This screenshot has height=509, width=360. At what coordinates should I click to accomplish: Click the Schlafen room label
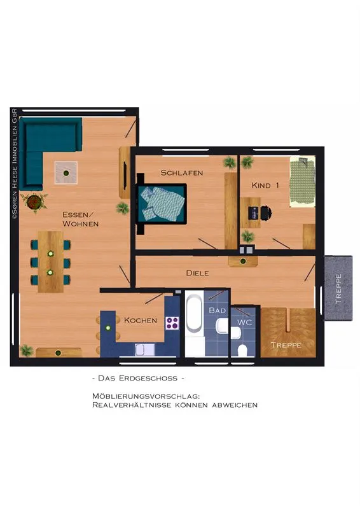(182, 172)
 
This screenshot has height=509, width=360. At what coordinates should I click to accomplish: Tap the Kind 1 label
(265, 185)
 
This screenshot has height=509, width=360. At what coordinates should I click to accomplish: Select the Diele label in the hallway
(197, 273)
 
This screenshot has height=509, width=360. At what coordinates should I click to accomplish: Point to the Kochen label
(141, 321)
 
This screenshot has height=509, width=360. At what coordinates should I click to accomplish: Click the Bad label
(217, 310)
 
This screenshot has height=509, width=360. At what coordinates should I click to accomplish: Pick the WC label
(244, 323)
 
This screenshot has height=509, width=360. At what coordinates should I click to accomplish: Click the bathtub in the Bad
(194, 313)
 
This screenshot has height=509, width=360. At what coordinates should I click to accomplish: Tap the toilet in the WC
(242, 351)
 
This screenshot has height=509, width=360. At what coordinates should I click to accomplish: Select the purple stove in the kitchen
(172, 323)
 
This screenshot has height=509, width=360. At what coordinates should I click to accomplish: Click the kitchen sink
(145, 350)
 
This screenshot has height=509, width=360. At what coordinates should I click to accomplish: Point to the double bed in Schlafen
(162, 203)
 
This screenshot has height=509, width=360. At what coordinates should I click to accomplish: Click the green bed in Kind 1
(302, 181)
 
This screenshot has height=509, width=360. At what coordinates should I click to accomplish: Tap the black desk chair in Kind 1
(266, 213)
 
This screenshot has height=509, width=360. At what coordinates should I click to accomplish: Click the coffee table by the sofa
(66, 172)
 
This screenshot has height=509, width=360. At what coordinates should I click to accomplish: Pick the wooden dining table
(50, 261)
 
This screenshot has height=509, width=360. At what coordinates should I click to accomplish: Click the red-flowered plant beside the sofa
(34, 202)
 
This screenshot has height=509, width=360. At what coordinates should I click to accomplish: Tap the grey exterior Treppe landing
(338, 288)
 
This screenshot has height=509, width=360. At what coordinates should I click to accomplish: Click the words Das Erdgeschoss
(138, 378)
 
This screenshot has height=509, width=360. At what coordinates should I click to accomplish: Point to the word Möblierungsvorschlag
(146, 396)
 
